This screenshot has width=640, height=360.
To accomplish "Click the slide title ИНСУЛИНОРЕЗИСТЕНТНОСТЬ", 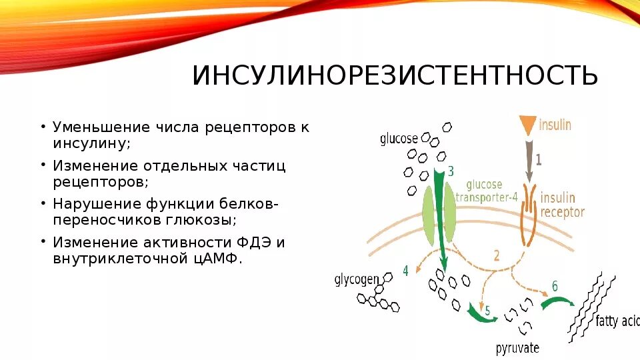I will pyautogui.click(x=395, y=76).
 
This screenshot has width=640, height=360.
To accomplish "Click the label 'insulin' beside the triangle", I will pyautogui.click(x=555, y=125).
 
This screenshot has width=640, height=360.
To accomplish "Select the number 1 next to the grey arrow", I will pyautogui.click(x=539, y=160).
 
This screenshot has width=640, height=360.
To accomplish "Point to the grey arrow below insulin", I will pyautogui.click(x=528, y=159).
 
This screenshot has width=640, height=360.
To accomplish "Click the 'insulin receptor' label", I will pyautogui.click(x=562, y=205).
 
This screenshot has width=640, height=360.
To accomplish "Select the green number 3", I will pyautogui.click(x=451, y=171).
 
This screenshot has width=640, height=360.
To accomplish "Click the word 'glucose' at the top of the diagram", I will pyautogui.click(x=399, y=139).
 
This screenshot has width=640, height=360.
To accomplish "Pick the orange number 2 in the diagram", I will pyautogui.click(x=496, y=254).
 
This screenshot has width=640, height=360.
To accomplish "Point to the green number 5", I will pyautogui.click(x=487, y=310).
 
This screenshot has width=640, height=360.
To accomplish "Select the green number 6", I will pyautogui.click(x=554, y=287).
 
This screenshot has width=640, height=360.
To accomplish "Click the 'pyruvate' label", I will pyautogui.click(x=517, y=348).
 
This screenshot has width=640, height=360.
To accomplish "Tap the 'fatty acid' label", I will pyautogui.click(x=617, y=321).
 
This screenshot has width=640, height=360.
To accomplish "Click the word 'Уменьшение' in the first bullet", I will pyautogui.click(x=101, y=127).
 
